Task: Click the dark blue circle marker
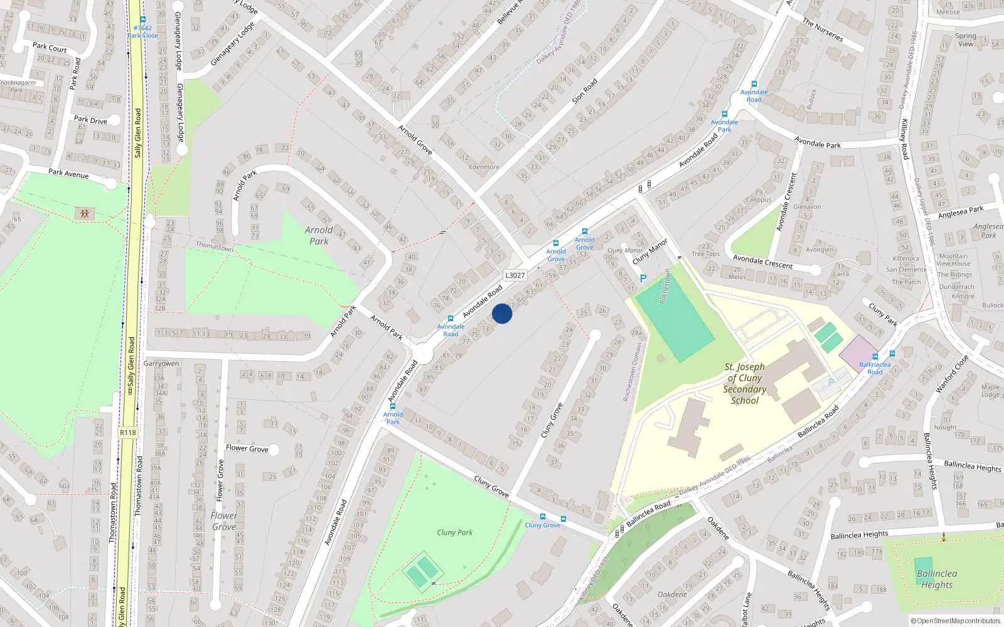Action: click(502, 313)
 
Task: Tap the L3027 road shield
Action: click(515, 275)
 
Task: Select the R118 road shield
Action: click(127, 433)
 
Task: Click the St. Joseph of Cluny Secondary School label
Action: click(745, 383)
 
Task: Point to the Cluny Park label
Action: click(454, 532)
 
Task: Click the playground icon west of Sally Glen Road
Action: click(85, 214)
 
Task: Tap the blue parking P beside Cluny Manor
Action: click(643, 278)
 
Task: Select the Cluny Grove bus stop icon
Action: click(543, 517)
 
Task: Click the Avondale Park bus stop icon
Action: click(725, 114)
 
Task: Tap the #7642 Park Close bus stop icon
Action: click(143, 19)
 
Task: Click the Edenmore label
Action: click(484, 167)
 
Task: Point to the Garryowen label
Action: click(161, 364)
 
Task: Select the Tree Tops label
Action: click(705, 254)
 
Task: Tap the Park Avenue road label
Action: click(68, 173)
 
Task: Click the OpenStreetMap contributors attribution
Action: click(956, 621)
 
